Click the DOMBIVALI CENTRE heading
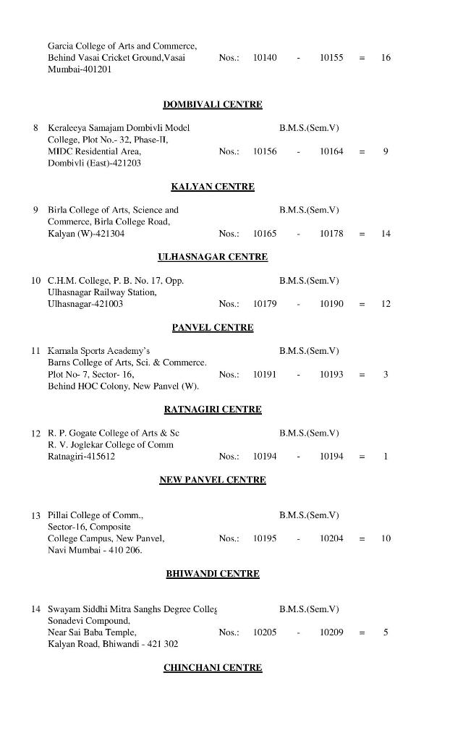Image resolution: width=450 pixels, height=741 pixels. pos(213,104)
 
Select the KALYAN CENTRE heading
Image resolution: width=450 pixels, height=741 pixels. pos(213,187)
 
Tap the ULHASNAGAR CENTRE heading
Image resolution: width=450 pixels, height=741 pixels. pos(213,257)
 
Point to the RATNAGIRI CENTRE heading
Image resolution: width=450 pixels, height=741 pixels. pos(213,410)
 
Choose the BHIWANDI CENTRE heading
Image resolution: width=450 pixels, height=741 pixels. pos(213,574)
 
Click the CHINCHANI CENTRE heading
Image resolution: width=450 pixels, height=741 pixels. pos(213,668)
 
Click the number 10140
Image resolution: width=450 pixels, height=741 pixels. pos(265,57)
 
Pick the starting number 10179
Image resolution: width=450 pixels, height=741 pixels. pos(265,304)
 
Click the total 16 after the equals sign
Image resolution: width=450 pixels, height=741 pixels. pos(386,57)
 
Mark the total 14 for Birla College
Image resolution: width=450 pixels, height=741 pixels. pos(386,234)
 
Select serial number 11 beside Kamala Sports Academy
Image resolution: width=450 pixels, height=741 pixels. pos(35,351)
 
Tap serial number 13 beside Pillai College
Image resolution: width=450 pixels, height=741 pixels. pos(35,515)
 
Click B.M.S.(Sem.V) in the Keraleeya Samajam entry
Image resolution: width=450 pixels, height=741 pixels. pos(309,128)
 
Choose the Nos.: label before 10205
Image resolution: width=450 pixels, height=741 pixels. pos(229,632)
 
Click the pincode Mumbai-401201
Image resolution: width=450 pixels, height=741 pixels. pos(80,69)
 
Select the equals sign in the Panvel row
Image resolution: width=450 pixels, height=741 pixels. pos(362,375)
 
